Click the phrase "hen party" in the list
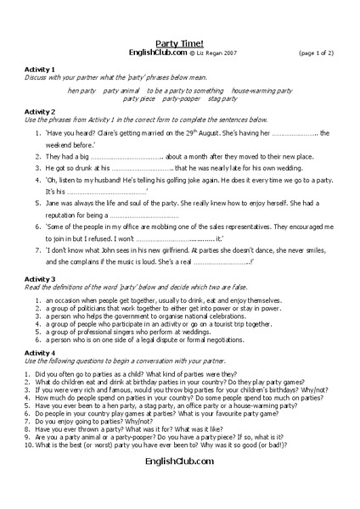tap(82, 90)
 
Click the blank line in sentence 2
tap(125, 158)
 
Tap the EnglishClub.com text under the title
tap(157, 52)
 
